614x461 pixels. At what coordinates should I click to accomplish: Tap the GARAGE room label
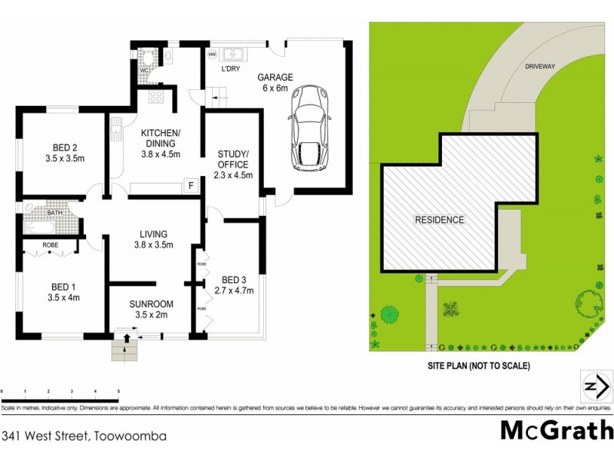[x=276, y=78]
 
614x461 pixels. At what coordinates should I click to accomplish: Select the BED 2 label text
[x=65, y=148]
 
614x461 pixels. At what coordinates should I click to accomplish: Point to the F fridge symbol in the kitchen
[x=189, y=184]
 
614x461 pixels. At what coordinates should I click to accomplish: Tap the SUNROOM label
[x=150, y=303]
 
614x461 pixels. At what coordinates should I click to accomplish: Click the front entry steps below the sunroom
[x=124, y=350]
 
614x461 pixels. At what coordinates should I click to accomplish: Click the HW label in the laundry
[x=212, y=55]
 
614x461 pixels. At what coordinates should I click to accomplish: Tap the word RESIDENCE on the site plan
[x=440, y=220]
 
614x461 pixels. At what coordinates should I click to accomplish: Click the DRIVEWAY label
[x=540, y=67]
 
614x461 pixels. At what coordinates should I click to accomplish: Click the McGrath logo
[x=556, y=429]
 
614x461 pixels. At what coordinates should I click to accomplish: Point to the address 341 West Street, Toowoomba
[x=84, y=436]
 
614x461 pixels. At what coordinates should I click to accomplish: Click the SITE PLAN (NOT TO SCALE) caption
[x=479, y=366]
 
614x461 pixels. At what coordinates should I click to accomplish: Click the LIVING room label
[x=153, y=234]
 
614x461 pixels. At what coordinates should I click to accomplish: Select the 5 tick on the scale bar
[x=118, y=393]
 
